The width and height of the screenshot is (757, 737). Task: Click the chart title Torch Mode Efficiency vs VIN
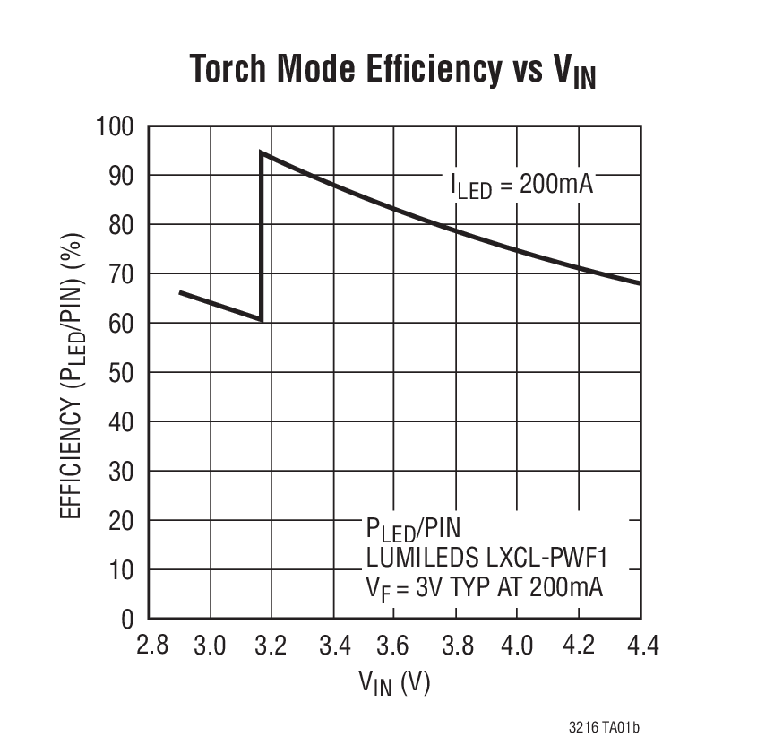coord(392,71)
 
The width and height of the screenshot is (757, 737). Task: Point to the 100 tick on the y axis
coord(115,126)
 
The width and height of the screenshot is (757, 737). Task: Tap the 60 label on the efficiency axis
coord(121,323)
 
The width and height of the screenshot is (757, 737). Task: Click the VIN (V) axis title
coord(394,684)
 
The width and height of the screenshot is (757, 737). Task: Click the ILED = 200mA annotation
coord(521,185)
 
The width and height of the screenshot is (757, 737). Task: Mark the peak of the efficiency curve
coord(262,152)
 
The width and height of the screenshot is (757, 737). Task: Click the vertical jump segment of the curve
coord(261,238)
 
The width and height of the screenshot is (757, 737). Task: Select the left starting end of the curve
coord(180,292)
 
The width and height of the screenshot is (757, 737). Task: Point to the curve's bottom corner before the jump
coord(261,318)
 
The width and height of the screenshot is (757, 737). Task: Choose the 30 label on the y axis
coord(121,471)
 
